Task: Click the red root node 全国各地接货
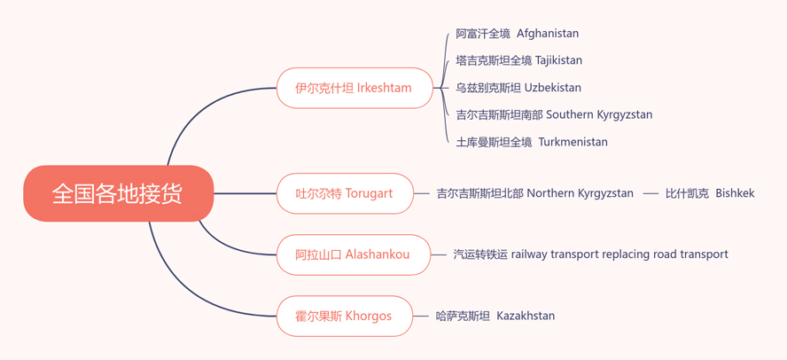coord(119,193)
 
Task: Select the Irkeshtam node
coord(355,88)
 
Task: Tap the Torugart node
coord(346,193)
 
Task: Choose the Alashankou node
coord(354,254)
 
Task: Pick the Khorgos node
coord(344,316)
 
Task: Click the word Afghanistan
coord(548,34)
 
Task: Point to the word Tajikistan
coord(558,61)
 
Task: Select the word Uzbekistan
coord(553,88)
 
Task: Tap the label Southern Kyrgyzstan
coord(599,115)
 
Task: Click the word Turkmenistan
coord(573,142)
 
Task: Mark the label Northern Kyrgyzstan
coord(580,193)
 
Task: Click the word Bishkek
coord(735,193)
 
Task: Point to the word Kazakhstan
coord(526,316)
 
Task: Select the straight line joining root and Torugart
coord(245,193)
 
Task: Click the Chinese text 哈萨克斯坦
coord(463,316)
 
